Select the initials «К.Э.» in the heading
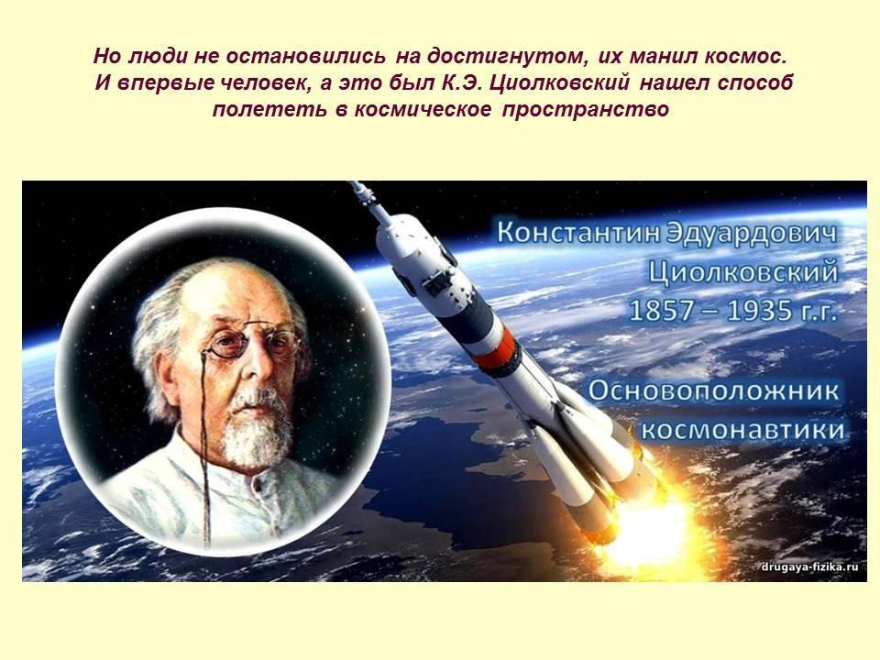pos(462,83)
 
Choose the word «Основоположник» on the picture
pos(714,390)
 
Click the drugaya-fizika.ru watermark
pos(810,566)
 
